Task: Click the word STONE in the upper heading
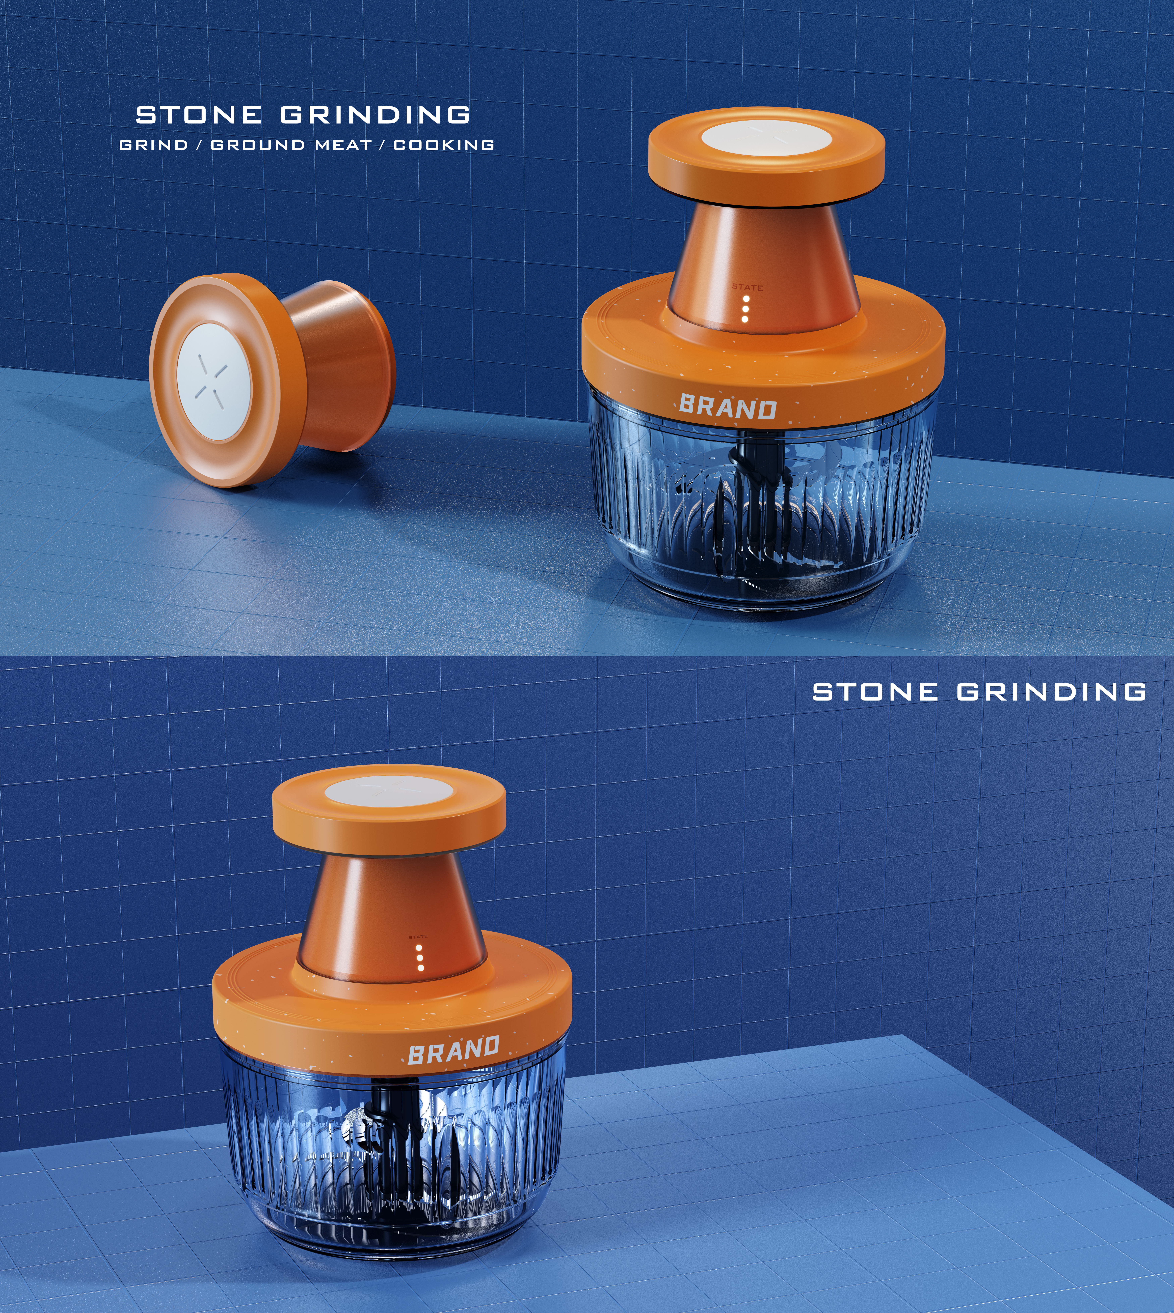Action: click(198, 115)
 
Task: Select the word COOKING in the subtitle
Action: click(444, 145)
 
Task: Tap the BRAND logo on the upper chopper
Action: click(728, 407)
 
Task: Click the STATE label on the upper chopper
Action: click(747, 287)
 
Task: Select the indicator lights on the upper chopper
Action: click(746, 309)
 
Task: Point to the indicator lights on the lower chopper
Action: click(420, 958)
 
